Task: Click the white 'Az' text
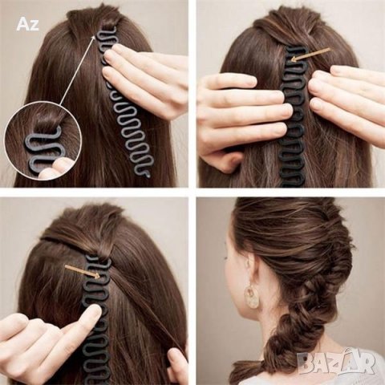(27, 24)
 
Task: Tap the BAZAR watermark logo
(336, 362)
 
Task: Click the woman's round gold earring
(252, 296)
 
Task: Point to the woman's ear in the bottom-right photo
(249, 269)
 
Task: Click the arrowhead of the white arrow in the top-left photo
(94, 37)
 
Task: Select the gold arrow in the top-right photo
(310, 55)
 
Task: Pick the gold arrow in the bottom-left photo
(83, 271)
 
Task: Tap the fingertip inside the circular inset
(58, 167)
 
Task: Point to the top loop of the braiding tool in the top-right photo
(297, 50)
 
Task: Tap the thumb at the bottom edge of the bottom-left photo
(177, 367)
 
